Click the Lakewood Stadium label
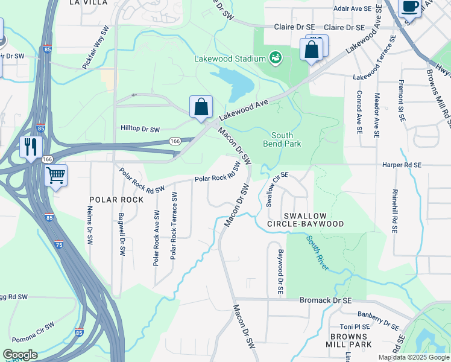pyautogui.click(x=230, y=59)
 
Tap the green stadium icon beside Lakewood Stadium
pyautogui.click(x=276, y=57)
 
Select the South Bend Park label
pyautogui.click(x=282, y=139)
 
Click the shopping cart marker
pyautogui.click(x=55, y=176)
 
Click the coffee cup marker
pyautogui.click(x=409, y=7)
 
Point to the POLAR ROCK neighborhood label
pyautogui.click(x=116, y=199)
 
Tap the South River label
pyautogui.click(x=317, y=252)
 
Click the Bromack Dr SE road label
pyautogui.click(x=326, y=300)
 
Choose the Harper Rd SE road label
pyautogui.click(x=402, y=164)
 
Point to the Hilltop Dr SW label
pyautogui.click(x=140, y=129)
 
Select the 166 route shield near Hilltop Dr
pyautogui.click(x=175, y=141)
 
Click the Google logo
pyautogui.click(x=20, y=354)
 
